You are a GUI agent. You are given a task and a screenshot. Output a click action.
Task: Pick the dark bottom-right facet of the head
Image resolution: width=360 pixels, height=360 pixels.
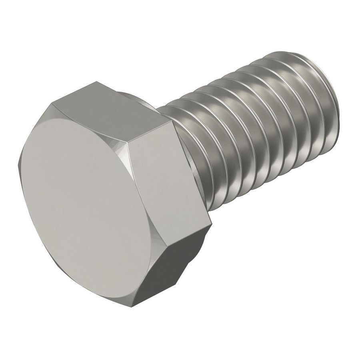[x=176, y=264]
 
